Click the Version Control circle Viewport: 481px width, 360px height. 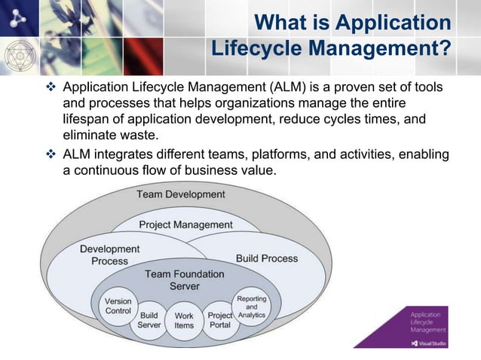[118, 307]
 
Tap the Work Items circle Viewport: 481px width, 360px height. [184, 322]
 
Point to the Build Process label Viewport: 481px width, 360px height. [267, 258]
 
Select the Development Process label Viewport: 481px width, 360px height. [110, 255]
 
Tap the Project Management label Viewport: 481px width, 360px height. [186, 224]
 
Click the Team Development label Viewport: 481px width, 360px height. [181, 194]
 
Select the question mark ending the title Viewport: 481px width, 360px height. [445, 48]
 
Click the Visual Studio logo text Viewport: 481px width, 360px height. [433, 343]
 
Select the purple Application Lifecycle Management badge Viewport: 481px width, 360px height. [427, 326]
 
